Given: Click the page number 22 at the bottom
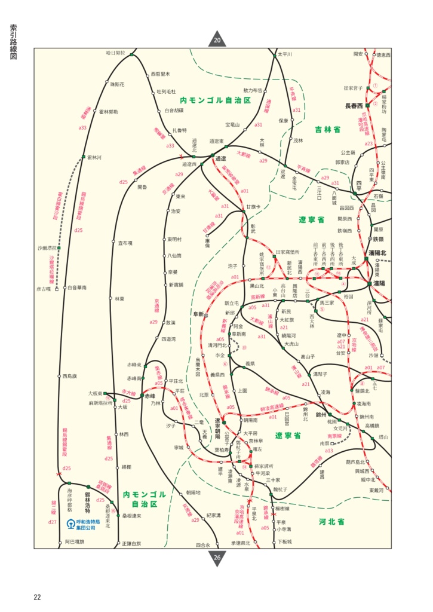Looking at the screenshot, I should coord(37,597).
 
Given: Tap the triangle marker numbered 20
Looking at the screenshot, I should coord(217,40).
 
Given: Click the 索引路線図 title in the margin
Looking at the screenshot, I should coord(13,42).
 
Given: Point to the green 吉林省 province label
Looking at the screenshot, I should coord(328,129).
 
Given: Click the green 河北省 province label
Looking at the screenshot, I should coord(331,522).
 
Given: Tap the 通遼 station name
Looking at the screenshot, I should coord(220,158).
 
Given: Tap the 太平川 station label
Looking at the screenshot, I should coord(284,54).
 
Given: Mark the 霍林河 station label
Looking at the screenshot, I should coord(94,157).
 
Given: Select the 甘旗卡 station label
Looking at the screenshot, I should coord(254,207).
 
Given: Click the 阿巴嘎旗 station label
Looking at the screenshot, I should coord(75,542).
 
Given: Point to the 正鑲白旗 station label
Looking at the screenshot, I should coord(131,543).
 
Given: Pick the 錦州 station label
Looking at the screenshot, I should coord(321,414).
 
